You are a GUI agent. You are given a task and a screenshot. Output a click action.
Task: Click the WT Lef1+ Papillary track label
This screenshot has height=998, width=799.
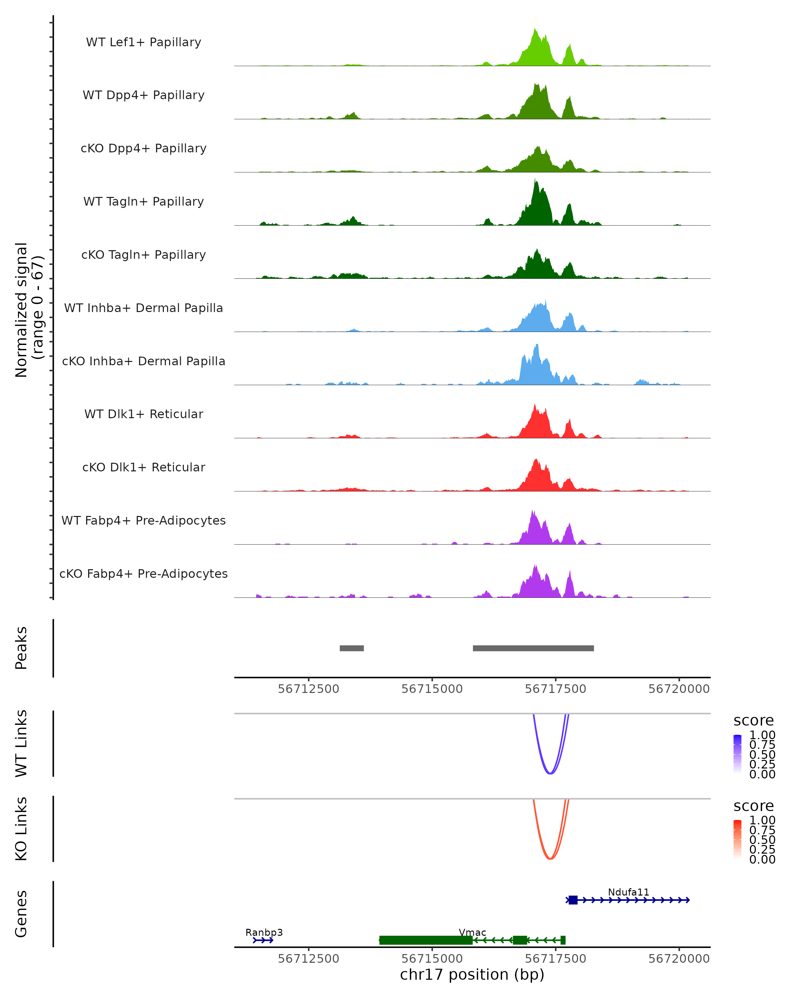click(x=143, y=42)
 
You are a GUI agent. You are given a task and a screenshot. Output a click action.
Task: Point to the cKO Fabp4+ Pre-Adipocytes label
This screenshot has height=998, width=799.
click(x=143, y=574)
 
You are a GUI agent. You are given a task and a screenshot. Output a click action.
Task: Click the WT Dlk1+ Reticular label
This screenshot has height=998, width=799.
click(x=143, y=414)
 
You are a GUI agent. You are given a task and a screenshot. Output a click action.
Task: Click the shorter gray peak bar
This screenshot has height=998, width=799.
click(x=352, y=648)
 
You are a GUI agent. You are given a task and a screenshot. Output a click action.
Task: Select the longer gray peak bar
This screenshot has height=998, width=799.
click(x=533, y=648)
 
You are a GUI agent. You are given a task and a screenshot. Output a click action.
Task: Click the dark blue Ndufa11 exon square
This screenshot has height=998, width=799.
click(x=573, y=900)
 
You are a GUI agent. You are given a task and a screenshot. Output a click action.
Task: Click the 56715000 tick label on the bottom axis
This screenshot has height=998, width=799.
click(x=432, y=959)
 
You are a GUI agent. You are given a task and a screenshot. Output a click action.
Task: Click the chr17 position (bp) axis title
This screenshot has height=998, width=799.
click(x=472, y=975)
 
